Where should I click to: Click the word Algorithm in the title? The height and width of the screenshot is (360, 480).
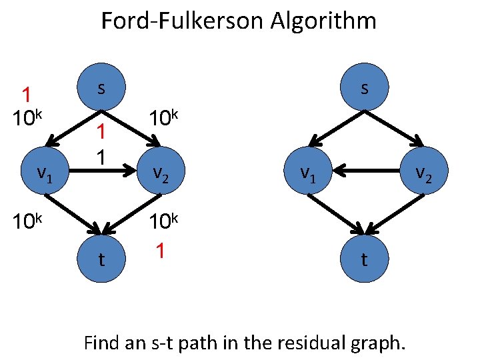323,21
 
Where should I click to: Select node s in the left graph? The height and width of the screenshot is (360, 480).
101,88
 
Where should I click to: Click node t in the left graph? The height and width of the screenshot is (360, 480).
101,259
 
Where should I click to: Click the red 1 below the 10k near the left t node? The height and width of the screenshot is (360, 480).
159,251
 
